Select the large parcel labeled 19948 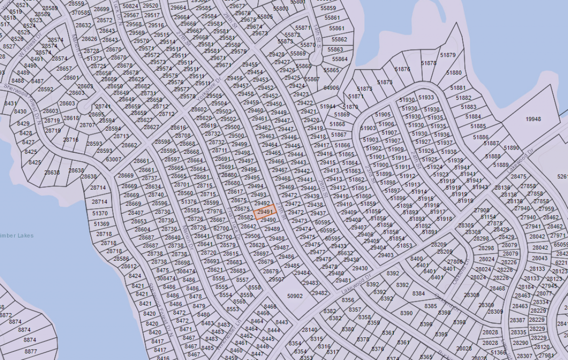[x=533, y=119]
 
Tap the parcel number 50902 [x=294, y=296]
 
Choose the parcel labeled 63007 [x=113, y=159]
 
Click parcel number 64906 [x=331, y=88]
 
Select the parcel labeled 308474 [x=166, y=279]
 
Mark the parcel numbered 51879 [x=447, y=55]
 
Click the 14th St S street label [x=319, y=41]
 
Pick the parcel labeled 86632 [x=345, y=253]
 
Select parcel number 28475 [x=518, y=177]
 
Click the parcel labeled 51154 [x=488, y=217]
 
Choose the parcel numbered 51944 [x=328, y=106]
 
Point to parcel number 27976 [x=214, y=211]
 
